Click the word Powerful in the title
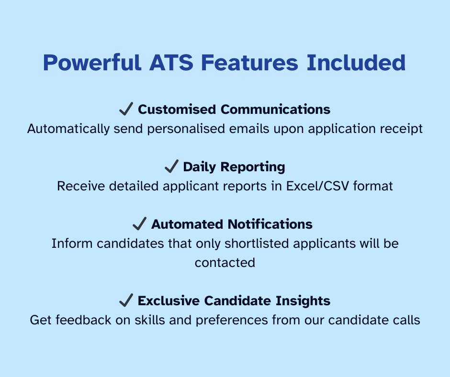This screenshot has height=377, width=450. [x=92, y=63]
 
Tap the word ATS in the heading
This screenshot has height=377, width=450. [x=171, y=63]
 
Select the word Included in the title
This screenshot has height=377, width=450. [x=356, y=63]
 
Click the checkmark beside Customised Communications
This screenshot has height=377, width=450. [x=126, y=109]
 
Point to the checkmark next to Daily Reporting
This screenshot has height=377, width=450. [x=171, y=166]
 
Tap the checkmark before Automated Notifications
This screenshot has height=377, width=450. [x=139, y=223]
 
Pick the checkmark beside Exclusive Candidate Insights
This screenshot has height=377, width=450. [x=126, y=300]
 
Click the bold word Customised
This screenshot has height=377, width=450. [x=177, y=109]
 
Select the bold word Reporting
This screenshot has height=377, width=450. [x=253, y=167]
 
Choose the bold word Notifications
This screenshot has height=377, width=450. [x=270, y=224]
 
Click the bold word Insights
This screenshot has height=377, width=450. [x=303, y=301]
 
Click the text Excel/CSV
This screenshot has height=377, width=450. [x=317, y=186]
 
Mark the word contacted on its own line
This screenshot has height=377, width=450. [x=225, y=263]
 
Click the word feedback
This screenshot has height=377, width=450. [x=83, y=320]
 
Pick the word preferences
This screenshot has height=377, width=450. [x=232, y=321]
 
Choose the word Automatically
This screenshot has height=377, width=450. [x=68, y=129]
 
